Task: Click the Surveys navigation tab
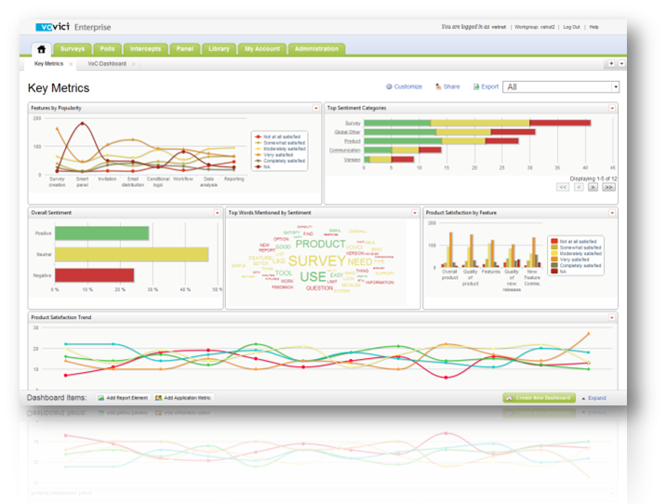pyautogui.click(x=73, y=48)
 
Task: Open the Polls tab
pyautogui.click(x=107, y=48)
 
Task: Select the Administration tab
pyautogui.click(x=315, y=48)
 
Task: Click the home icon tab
pyautogui.click(x=41, y=48)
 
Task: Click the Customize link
pyautogui.click(x=405, y=86)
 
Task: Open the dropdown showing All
pyautogui.click(x=561, y=86)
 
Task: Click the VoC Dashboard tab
pyautogui.click(x=106, y=63)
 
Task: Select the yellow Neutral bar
pyautogui.click(x=131, y=254)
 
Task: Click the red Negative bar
pyautogui.click(x=94, y=275)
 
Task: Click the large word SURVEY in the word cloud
pyautogui.click(x=317, y=261)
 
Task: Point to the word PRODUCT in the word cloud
pyautogui.click(x=320, y=244)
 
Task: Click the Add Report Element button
pyautogui.click(x=122, y=398)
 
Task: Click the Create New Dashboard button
pyautogui.click(x=539, y=398)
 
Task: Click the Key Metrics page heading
pyautogui.click(x=60, y=88)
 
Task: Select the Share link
pyautogui.click(x=447, y=86)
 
